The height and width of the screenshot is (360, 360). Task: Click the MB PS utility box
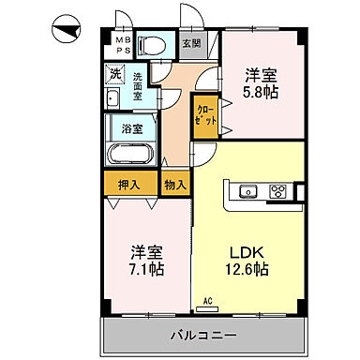point(122,46)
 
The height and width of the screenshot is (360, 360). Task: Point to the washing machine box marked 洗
point(115,72)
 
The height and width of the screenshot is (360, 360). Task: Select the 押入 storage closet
point(129,184)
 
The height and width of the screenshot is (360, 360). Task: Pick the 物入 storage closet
point(174,184)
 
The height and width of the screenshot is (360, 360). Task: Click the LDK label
point(246,251)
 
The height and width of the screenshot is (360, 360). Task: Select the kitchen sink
point(249,192)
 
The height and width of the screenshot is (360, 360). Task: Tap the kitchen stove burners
point(277,192)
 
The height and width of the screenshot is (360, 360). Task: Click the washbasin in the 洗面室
point(113,101)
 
